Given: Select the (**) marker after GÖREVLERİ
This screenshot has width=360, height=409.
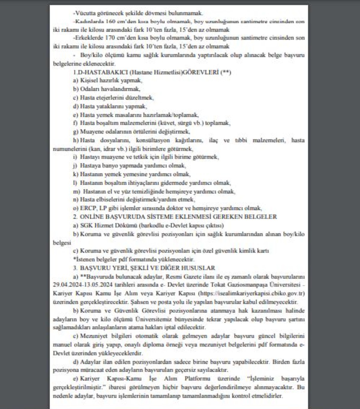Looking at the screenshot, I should point(226,72).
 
